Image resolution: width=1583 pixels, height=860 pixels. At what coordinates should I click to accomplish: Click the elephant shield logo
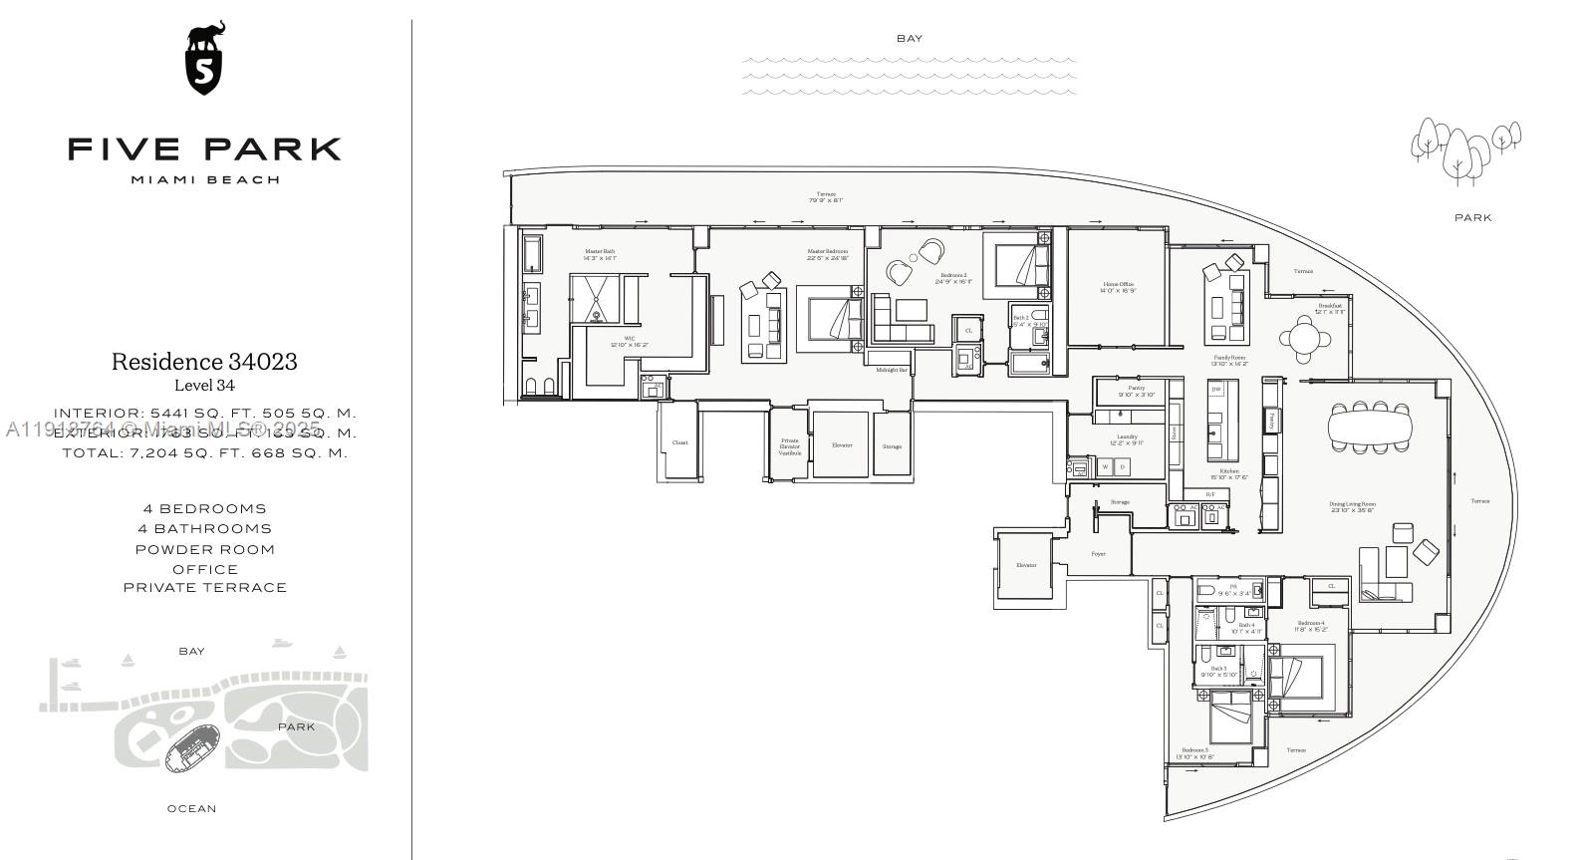[x=205, y=59]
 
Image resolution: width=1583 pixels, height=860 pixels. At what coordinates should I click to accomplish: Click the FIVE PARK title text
[x=205, y=149]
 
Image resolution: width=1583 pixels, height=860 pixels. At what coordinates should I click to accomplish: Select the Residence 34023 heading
[x=204, y=362]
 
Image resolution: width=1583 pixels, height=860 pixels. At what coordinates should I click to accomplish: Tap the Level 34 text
[x=204, y=386]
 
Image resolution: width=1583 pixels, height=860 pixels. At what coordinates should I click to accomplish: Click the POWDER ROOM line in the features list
[x=205, y=549]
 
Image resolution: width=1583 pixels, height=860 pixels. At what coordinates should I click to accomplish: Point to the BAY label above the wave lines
[x=909, y=39]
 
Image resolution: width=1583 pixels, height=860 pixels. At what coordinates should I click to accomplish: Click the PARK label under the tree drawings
[x=1472, y=217]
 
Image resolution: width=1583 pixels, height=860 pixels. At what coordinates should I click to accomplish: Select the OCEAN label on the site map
[x=191, y=808]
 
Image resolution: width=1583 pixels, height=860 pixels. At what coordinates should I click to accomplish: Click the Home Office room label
[x=1118, y=287]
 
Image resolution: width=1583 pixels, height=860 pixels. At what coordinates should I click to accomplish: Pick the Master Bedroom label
[x=828, y=254]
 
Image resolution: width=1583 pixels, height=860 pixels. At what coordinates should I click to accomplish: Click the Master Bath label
[x=600, y=254]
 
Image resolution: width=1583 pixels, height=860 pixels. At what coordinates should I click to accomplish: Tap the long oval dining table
[x=1370, y=429]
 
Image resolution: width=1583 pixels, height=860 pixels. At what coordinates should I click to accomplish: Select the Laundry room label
[x=1127, y=439]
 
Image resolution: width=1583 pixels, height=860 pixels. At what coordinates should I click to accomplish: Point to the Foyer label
[x=1098, y=554]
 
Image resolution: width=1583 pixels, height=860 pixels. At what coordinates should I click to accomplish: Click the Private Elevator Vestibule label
[x=789, y=446]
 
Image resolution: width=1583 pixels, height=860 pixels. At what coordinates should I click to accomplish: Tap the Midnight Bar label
[x=891, y=370]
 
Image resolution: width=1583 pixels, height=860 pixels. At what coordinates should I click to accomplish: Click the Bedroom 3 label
[x=1194, y=753]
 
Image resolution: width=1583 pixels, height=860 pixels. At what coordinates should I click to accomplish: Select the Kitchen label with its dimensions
[x=1228, y=473]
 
